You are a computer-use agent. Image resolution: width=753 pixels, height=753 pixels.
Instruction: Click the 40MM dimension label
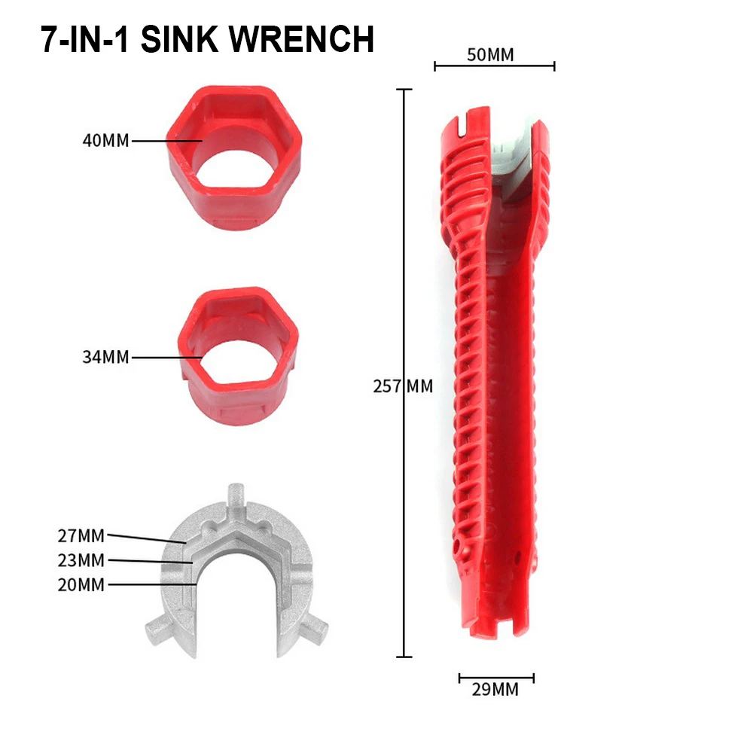106,140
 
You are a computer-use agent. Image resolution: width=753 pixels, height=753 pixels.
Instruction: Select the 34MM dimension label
106,356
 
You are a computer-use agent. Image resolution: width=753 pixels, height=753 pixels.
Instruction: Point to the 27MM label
81,536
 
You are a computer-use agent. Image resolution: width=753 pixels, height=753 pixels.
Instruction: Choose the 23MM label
81,560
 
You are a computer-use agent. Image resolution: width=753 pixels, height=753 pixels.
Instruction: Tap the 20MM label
81,584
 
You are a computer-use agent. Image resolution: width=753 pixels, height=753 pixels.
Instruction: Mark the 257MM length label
403,386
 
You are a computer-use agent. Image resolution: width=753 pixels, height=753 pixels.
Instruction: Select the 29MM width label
496,689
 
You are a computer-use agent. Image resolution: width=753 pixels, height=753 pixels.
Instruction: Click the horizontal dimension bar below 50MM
495,66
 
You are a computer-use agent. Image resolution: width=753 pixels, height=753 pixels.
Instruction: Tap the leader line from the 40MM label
166,140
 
